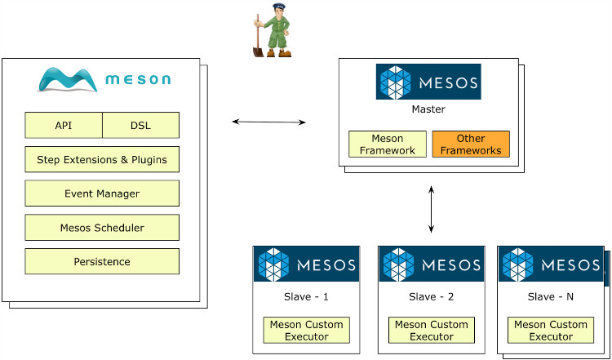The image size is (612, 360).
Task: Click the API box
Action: pos(64,126)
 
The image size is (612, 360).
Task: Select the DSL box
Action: pos(140,126)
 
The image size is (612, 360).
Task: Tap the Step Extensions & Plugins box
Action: pos(102,159)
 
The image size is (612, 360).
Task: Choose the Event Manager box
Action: pos(102,193)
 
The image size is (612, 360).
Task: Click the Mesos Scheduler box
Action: pos(102,228)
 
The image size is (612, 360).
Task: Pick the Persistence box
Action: pos(102,261)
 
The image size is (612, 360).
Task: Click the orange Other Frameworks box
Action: pos(470,144)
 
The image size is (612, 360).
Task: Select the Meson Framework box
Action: pos(388,144)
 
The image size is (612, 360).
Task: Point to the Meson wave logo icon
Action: pos(69,78)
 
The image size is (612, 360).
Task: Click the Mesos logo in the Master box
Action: pos(428,82)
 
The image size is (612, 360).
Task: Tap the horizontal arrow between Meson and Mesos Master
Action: pos(268,122)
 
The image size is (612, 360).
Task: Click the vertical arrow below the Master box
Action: pos(432,210)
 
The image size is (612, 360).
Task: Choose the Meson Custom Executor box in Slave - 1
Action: pos(306,330)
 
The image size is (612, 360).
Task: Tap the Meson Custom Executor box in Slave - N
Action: pos(551,330)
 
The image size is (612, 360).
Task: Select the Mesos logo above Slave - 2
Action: pos(431,264)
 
